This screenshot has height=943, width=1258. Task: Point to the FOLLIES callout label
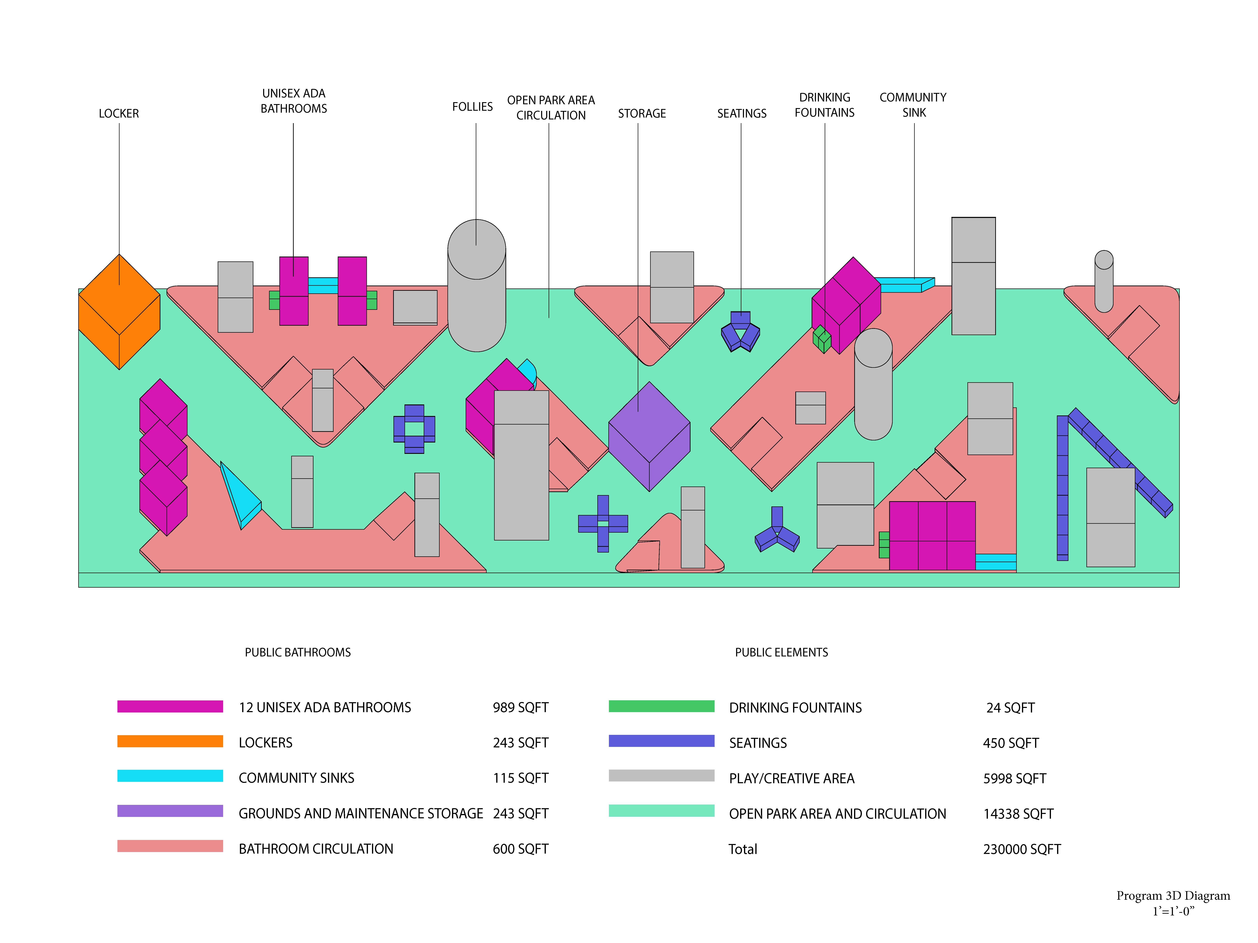tap(472, 107)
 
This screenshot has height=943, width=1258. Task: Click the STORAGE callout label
tap(642, 114)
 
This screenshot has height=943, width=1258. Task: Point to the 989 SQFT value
tap(520, 708)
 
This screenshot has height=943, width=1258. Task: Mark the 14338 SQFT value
tap(1018, 814)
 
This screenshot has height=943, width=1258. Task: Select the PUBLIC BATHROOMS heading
tap(297, 653)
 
